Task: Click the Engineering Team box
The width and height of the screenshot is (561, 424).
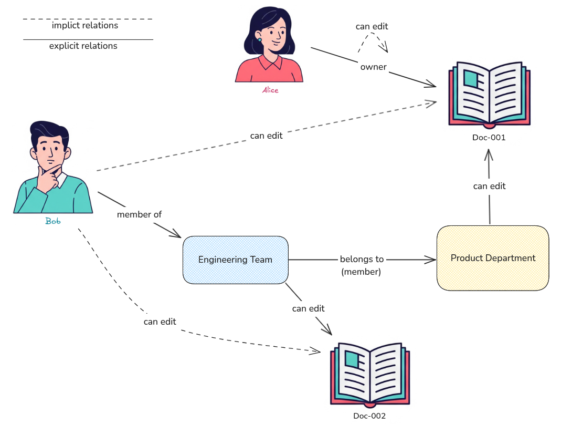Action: tap(235, 260)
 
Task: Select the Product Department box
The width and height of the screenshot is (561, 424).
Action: tap(493, 258)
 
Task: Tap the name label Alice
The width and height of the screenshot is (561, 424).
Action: tap(270, 90)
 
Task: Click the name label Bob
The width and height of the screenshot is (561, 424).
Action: tap(52, 221)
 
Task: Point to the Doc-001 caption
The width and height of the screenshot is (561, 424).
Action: tap(489, 137)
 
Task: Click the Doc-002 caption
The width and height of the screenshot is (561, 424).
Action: tap(369, 416)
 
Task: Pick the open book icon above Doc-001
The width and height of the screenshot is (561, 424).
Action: tap(489, 95)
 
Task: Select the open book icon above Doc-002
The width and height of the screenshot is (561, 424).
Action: tap(369, 374)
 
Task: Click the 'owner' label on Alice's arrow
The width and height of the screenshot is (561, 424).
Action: tap(373, 67)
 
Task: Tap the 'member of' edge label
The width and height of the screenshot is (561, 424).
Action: tap(139, 214)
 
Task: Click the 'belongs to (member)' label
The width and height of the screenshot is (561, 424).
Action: tap(362, 265)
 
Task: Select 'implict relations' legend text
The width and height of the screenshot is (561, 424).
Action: tap(85, 25)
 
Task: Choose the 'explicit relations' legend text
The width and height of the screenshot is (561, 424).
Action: tap(83, 46)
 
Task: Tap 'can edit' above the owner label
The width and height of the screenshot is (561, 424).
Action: tap(372, 26)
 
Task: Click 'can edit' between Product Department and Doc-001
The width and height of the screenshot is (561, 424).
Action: tap(489, 186)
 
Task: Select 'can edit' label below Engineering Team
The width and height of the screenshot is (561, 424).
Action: tap(308, 308)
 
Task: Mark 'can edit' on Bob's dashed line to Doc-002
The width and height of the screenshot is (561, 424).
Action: tap(160, 321)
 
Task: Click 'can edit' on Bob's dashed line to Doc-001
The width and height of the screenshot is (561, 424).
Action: tap(266, 136)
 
